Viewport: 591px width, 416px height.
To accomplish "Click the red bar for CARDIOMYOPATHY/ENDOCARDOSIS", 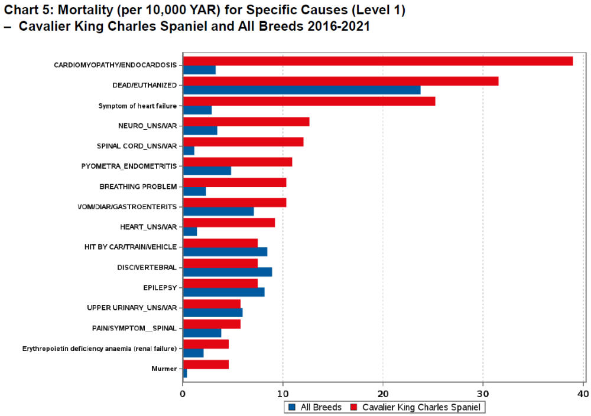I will pos(378,61).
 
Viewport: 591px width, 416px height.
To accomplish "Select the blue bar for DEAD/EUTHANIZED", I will pos(301,90).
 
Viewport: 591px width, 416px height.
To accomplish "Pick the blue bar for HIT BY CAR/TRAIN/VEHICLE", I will pos(225,252).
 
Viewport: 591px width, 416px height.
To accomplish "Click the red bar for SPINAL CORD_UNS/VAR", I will pos(243,142).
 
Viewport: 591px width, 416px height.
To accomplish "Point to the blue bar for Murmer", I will pos(185,374).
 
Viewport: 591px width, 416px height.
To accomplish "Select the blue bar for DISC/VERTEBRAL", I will pos(227,272).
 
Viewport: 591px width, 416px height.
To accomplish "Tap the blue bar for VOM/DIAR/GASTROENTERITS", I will pos(218,211).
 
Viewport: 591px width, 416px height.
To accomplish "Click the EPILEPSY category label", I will pos(160,287).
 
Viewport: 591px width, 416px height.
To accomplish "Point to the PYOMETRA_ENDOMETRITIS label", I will pos(129,166).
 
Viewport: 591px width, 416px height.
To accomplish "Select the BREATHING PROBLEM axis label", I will pos(138,186).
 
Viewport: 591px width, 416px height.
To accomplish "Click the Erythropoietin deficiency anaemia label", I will pos(99,349).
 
